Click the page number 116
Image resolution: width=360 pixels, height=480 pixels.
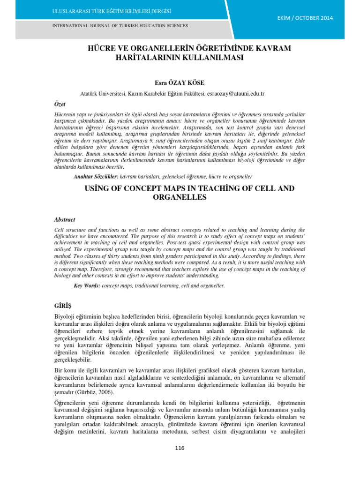pos(180,448)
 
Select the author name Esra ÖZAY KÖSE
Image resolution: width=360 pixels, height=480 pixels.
pos(180,83)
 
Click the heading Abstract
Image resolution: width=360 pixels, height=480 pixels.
pos(65,219)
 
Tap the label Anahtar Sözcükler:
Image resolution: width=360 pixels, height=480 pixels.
pos(96,177)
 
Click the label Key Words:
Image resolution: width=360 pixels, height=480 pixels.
pos(87,285)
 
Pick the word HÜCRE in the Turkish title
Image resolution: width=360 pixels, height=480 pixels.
pos(102,49)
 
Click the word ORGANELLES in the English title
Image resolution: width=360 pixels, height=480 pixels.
pos(180,197)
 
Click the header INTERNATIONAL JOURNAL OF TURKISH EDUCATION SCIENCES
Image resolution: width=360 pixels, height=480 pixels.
pos(120,26)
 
